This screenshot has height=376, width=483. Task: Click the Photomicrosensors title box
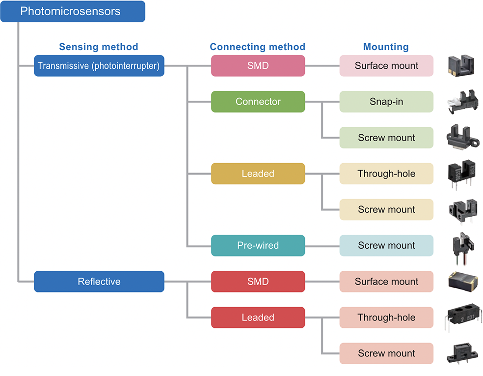coord(73,11)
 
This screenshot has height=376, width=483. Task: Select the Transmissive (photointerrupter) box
coord(99,66)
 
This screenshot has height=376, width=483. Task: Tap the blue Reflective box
coord(99,282)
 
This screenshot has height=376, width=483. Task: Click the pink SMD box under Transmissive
coord(258,66)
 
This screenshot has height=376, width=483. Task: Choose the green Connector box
coord(258,102)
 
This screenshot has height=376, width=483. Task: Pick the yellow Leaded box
coord(258,174)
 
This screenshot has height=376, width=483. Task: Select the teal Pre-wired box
coord(258,245)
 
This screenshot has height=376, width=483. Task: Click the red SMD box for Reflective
coord(258,282)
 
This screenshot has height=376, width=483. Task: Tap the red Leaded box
coord(258,318)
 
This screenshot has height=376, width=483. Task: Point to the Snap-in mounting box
coord(386,102)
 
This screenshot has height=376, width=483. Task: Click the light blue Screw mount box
coord(386,245)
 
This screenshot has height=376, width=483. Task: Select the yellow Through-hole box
coord(386,174)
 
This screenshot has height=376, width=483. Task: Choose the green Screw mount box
coord(386,138)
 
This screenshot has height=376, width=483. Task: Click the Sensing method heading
coord(99,47)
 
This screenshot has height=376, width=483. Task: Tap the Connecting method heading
coord(258,47)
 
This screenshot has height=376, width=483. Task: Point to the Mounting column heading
coord(386,47)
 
